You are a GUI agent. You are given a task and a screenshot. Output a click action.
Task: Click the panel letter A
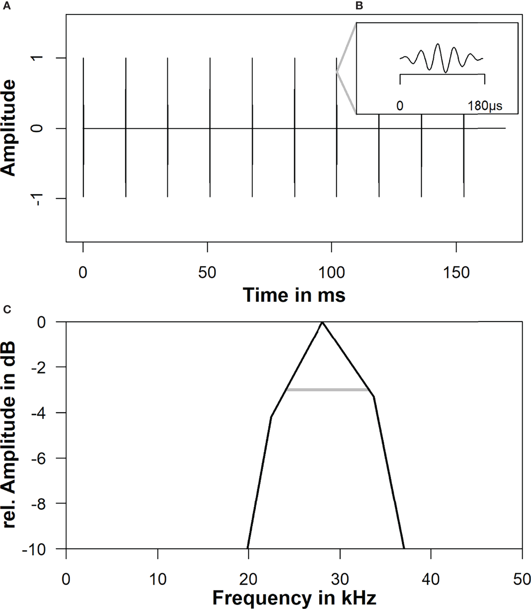(6, 6)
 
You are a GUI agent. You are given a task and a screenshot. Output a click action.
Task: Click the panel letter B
(359, 6)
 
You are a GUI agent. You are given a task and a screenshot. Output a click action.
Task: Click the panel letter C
(7, 309)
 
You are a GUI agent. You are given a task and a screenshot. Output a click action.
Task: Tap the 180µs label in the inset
(485, 106)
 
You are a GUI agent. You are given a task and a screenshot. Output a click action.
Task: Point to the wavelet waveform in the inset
(441, 58)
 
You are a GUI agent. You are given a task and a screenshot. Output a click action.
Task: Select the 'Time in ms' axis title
(294, 295)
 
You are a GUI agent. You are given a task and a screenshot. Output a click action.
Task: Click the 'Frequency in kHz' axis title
(294, 598)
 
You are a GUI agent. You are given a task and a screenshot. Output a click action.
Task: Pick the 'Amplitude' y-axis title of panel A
(9, 128)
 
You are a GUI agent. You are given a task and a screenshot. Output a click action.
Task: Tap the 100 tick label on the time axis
(332, 273)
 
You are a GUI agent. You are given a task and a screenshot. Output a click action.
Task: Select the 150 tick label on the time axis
(456, 273)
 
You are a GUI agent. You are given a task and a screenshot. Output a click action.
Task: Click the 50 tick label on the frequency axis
(522, 579)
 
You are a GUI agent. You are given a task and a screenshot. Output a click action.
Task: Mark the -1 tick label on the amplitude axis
(38, 198)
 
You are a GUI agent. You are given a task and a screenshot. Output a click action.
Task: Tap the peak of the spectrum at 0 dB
(322, 322)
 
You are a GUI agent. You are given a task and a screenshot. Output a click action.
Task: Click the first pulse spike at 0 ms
(83, 128)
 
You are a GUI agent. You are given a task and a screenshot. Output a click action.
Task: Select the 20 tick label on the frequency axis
(248, 579)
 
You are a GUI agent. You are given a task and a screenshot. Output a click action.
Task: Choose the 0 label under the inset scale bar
(400, 106)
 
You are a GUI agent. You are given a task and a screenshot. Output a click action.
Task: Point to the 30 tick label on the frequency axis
(340, 579)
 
